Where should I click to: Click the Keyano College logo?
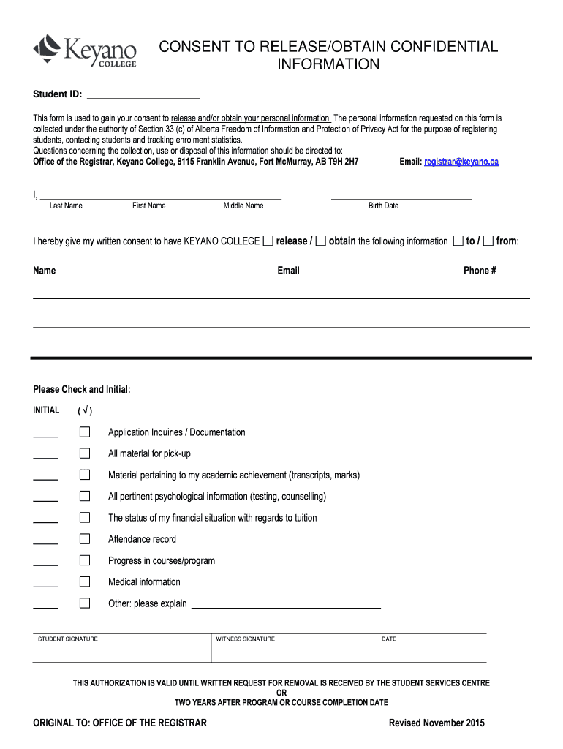click(84, 51)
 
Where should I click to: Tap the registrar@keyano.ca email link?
click(461, 162)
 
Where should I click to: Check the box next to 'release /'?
click(268, 241)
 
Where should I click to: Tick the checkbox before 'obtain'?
click(321, 241)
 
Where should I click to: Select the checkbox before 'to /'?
click(458, 241)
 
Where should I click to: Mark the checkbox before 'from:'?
click(488, 241)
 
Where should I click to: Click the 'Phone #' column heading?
click(480, 271)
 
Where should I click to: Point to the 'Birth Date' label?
click(383, 206)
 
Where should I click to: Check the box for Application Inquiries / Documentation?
click(85, 432)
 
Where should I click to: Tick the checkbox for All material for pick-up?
click(85, 453)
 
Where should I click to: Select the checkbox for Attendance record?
click(85, 539)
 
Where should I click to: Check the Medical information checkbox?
click(85, 581)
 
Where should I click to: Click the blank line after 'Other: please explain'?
click(285, 606)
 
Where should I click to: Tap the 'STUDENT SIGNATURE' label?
click(68, 639)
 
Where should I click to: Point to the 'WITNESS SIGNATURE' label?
click(245, 639)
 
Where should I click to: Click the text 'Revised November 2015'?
click(437, 723)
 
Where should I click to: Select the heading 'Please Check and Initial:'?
click(82, 390)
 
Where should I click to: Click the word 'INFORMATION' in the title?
click(328, 64)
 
